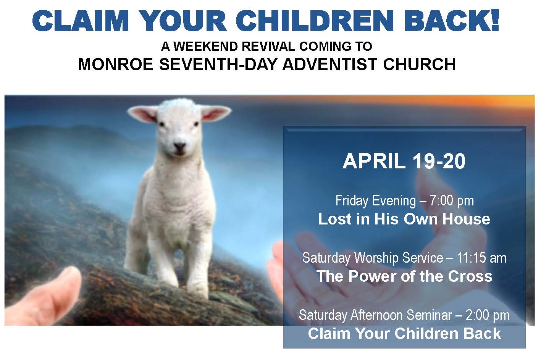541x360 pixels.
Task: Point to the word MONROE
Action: (x=116, y=65)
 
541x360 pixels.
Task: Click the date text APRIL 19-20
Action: (x=404, y=161)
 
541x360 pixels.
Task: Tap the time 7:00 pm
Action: (x=452, y=201)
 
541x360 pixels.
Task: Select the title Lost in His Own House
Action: (x=404, y=219)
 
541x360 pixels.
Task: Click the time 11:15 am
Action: (x=481, y=258)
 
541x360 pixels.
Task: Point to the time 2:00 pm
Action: (x=488, y=315)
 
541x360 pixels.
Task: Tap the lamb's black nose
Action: (x=179, y=146)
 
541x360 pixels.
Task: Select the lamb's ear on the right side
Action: (x=216, y=113)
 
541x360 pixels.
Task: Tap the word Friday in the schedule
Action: (x=352, y=201)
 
